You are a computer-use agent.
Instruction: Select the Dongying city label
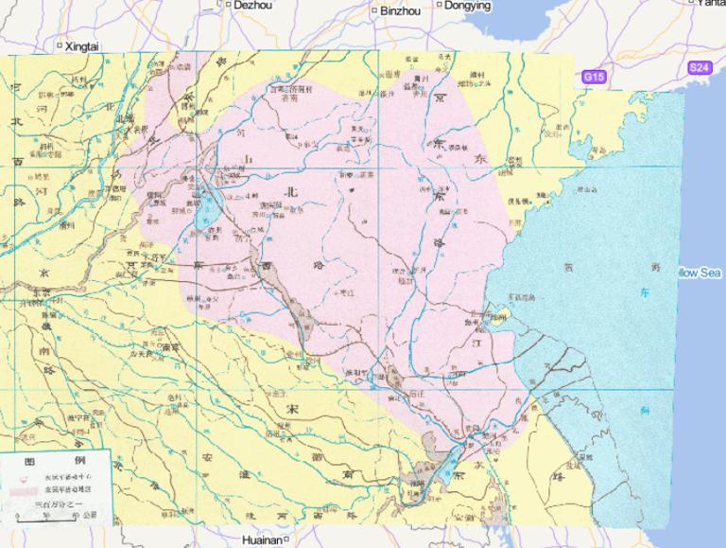[468, 6]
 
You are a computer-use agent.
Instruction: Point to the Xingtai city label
[82, 45]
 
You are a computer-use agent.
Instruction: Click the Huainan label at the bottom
[261, 539]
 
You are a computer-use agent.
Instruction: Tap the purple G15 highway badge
[593, 76]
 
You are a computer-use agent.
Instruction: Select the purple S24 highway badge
[699, 67]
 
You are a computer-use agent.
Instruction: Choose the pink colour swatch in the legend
[25, 489]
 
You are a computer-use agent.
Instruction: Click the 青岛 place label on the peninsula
[597, 150]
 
